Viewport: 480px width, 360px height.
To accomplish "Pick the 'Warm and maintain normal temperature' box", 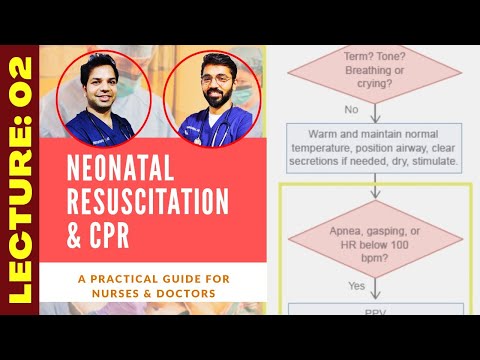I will point(374,145).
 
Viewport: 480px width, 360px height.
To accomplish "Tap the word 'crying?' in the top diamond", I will point(374,87).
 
